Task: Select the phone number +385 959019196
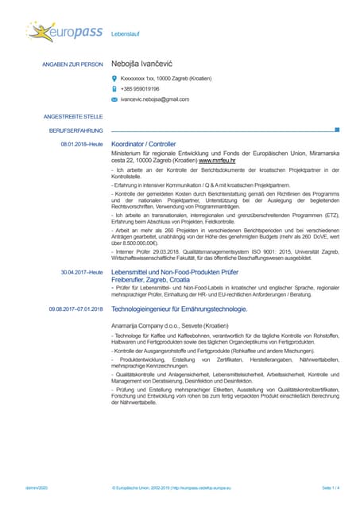point(140,89)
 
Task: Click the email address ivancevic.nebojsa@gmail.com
point(155,99)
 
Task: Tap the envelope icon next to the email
point(114,99)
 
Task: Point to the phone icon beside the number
point(114,89)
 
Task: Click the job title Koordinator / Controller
point(144,144)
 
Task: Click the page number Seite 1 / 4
point(331,486)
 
